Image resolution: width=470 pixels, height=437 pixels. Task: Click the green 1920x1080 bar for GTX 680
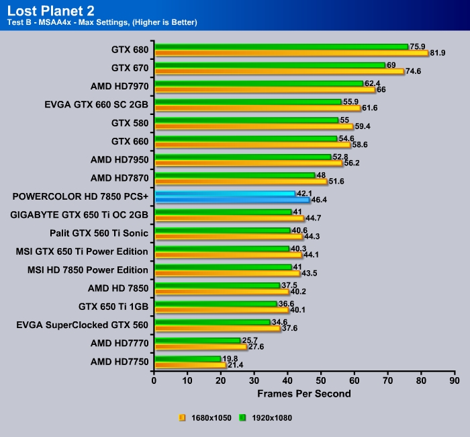tap(281, 47)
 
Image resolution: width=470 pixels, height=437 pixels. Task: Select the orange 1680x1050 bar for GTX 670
tap(279, 71)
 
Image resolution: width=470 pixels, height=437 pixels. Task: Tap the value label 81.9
tap(438, 52)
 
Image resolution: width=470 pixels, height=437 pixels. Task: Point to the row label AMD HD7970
tap(119, 86)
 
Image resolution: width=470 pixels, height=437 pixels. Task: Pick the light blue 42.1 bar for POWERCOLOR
tap(224, 193)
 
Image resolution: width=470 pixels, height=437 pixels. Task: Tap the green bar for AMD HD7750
tap(187, 358)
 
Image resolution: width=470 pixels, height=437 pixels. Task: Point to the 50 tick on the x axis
tap(321, 380)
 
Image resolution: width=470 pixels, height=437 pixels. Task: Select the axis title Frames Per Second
tap(303, 393)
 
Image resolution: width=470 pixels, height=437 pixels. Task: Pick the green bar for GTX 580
tap(246, 120)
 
